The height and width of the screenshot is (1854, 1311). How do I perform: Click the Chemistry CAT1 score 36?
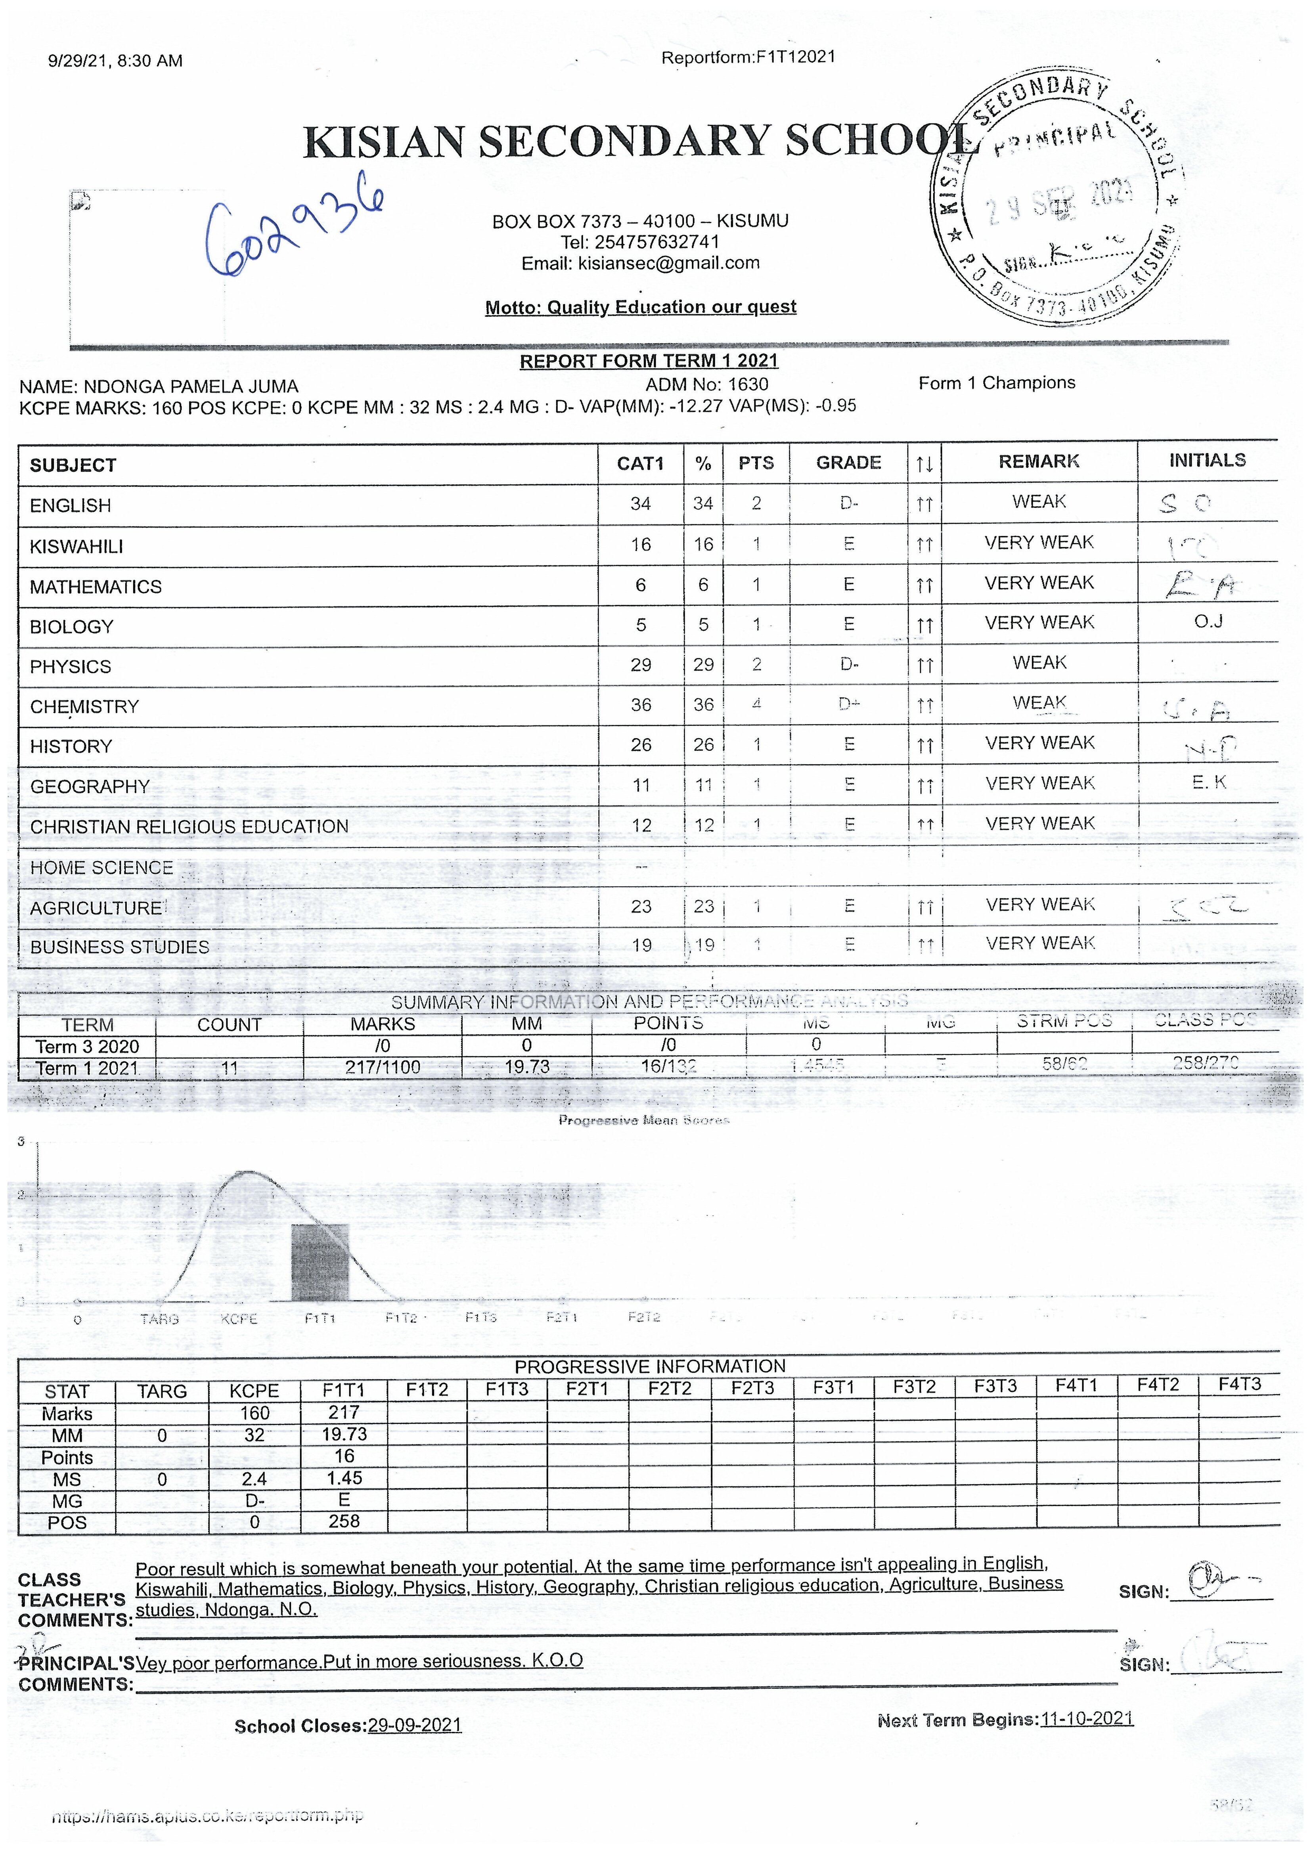[641, 705]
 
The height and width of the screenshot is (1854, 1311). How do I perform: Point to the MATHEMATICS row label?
[95, 587]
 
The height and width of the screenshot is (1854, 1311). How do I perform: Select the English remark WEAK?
[1039, 502]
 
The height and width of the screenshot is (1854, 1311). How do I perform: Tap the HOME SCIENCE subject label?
[102, 868]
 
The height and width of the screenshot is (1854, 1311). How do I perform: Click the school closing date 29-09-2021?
[414, 1726]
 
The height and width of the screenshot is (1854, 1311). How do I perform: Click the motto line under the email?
[641, 308]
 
